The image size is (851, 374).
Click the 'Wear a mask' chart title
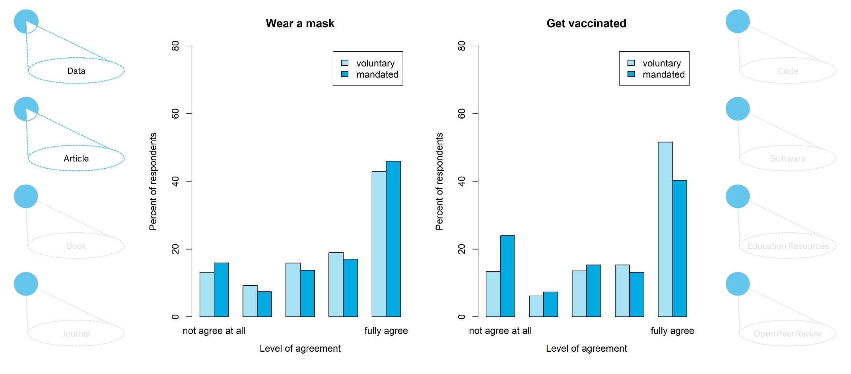[x=300, y=23]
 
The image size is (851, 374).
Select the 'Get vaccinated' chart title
[x=586, y=23]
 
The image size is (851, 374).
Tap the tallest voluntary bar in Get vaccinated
[x=665, y=229]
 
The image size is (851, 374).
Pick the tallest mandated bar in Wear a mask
[x=393, y=239]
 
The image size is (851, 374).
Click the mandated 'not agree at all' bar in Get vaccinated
[x=507, y=276]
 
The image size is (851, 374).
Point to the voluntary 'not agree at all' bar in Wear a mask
[x=207, y=294]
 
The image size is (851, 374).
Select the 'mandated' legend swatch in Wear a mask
[x=345, y=74]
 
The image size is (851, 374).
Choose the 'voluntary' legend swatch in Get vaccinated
[x=631, y=63]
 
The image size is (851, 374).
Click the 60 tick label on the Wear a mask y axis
[x=175, y=114]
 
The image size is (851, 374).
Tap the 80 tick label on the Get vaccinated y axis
[x=462, y=46]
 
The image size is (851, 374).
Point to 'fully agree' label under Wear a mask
[x=386, y=331]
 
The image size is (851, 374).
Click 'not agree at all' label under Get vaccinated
[x=500, y=331]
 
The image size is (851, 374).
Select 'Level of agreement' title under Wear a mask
[x=300, y=349]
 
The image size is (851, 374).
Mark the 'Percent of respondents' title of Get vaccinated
[x=439, y=181]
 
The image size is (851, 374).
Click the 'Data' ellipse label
[x=76, y=71]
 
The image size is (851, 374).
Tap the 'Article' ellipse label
[x=76, y=158]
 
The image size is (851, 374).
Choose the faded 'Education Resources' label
[x=788, y=246]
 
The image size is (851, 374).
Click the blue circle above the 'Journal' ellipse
[x=26, y=284]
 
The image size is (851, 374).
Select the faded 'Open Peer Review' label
[x=788, y=333]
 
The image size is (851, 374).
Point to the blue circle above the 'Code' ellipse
[x=737, y=21]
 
